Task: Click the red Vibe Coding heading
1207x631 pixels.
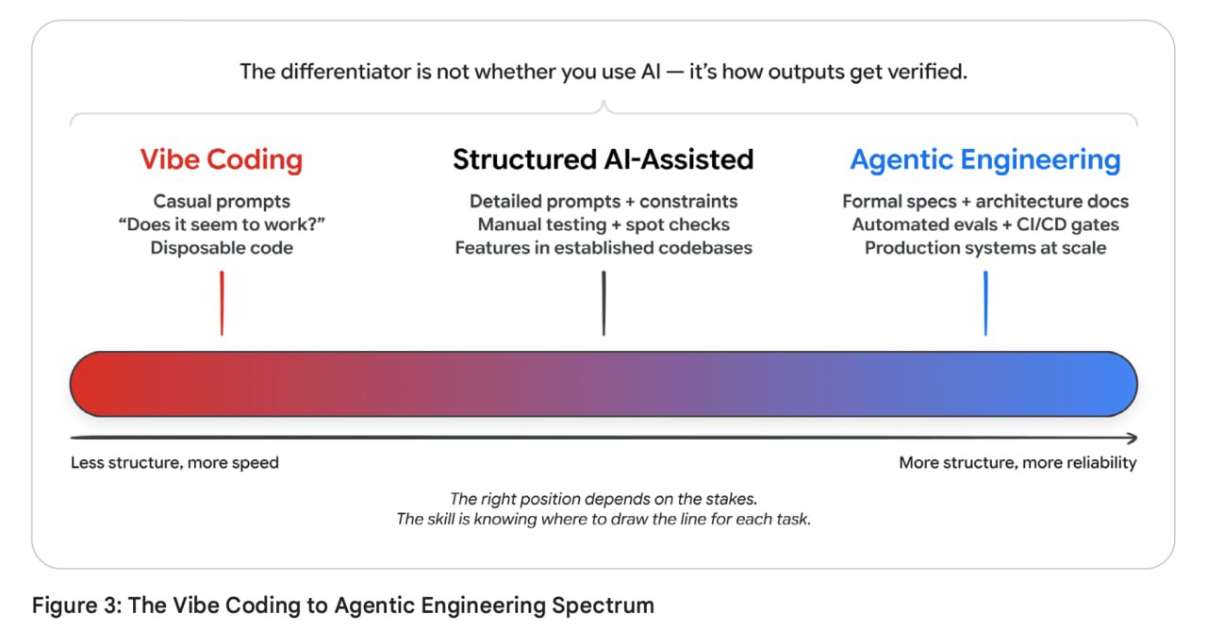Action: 222,160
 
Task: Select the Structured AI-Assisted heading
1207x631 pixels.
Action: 603,159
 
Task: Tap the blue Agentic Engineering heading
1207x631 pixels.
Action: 985,160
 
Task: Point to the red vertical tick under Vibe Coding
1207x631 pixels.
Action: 222,304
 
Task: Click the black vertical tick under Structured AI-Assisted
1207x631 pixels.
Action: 603,304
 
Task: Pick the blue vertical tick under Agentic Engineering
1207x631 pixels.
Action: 985,304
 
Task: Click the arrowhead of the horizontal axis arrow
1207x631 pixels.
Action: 1133,438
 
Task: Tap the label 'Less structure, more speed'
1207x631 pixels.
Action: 174,463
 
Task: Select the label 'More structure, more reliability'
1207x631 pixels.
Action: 1017,463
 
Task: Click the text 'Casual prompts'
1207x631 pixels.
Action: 222,202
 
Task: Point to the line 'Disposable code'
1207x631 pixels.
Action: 222,248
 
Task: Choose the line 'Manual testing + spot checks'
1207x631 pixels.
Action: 603,224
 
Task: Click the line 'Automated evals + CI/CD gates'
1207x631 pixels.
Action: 985,224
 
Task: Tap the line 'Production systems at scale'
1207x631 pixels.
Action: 985,248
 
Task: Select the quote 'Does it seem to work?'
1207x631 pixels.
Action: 222,224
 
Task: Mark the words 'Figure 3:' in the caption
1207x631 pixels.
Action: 77,606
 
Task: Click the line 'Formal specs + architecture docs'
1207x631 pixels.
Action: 985,202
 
